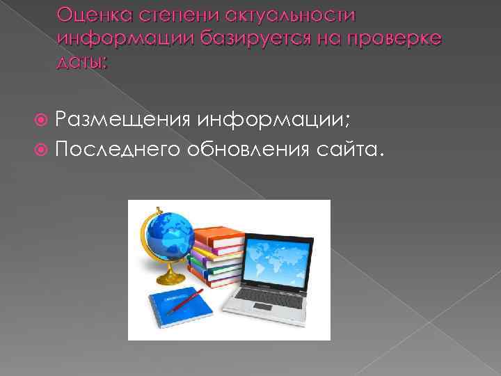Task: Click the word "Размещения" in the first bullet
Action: pyautogui.click(x=123, y=123)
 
